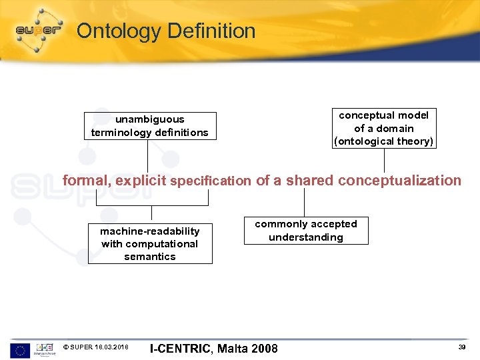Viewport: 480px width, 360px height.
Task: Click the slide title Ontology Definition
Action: coord(165,31)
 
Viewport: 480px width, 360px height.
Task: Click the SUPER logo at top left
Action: coord(39,29)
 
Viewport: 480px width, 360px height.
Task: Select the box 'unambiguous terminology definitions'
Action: coord(150,126)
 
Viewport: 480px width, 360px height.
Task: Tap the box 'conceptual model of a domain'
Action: coord(384,128)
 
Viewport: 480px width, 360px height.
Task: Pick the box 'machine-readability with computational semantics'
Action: coord(150,243)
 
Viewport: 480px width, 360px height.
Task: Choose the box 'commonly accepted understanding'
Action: coord(306,231)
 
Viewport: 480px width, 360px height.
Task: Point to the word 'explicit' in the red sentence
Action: coord(141,181)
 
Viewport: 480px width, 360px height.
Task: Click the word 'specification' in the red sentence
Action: coord(211,181)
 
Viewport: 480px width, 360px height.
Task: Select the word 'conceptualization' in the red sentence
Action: coord(400,181)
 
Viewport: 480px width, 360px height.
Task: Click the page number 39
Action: coord(461,347)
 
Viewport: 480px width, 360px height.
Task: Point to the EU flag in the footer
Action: coord(20,349)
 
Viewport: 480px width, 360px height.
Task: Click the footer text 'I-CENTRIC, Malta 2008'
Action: coord(213,349)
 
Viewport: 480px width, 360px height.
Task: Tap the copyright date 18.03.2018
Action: coord(111,347)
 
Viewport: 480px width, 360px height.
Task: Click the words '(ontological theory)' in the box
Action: coord(384,141)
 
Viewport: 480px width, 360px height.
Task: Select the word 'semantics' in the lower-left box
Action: coord(150,257)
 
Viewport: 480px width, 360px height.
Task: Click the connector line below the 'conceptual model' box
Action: coord(384,160)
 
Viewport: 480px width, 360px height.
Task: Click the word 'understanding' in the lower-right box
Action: coord(306,237)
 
